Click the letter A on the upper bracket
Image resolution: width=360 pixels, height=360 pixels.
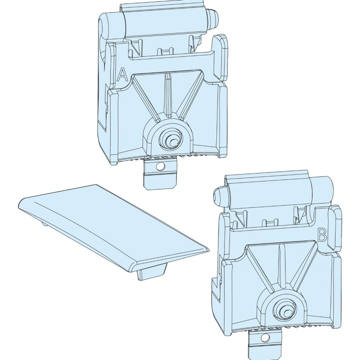click(x=122, y=75)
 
